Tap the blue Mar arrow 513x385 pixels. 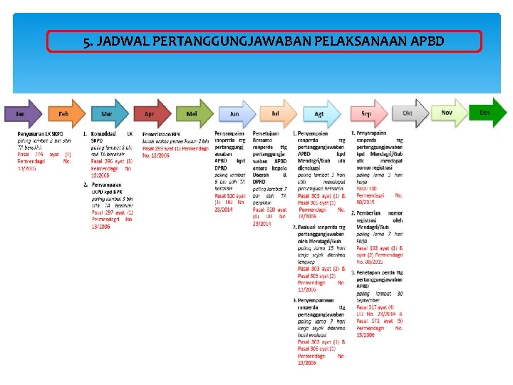click(x=106, y=113)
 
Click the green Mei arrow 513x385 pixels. click(x=192, y=113)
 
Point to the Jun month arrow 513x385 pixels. click(x=234, y=113)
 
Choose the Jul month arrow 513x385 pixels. click(x=275, y=113)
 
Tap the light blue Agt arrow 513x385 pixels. click(x=318, y=113)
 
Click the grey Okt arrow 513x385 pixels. click(x=408, y=113)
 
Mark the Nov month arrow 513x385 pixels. click(x=448, y=113)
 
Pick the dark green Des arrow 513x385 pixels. click(x=487, y=113)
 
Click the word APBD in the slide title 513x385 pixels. click(x=427, y=41)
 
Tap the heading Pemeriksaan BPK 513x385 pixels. click(x=162, y=134)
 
